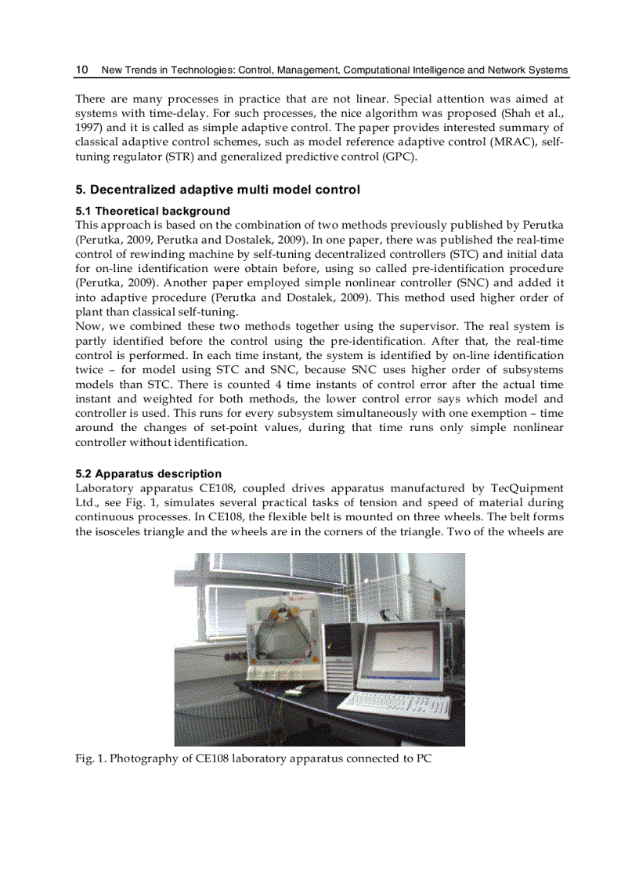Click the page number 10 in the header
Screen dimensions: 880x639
pos(81,70)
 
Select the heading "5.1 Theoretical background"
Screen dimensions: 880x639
pos(153,211)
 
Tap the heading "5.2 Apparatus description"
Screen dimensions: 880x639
pos(148,473)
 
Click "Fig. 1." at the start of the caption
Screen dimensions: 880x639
pos(90,759)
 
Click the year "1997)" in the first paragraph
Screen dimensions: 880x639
pos(91,128)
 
